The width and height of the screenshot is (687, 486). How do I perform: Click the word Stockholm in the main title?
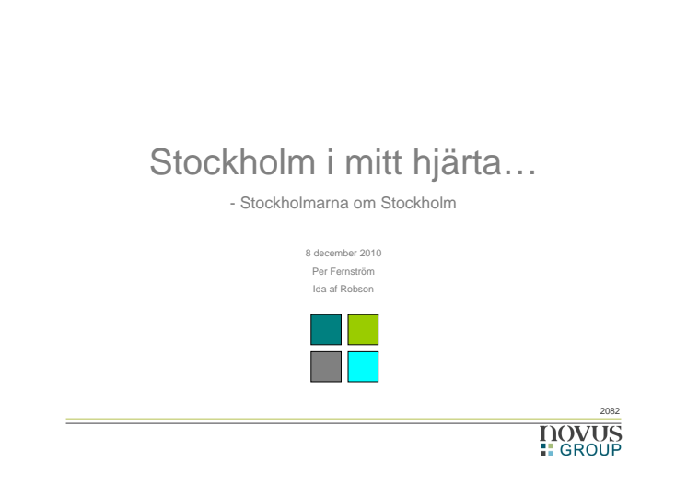(233, 162)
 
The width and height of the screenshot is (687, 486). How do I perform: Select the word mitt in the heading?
(374, 162)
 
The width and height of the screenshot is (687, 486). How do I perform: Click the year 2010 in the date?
(370, 253)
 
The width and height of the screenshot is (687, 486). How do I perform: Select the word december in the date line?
(334, 253)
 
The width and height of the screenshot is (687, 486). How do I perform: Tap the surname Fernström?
(352, 271)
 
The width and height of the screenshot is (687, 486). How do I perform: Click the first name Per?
(320, 271)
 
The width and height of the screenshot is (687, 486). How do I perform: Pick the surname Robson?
(356, 289)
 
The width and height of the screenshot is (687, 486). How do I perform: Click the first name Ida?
(320, 289)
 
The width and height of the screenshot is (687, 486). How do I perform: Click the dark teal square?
(326, 329)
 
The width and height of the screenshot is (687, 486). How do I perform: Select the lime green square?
(363, 329)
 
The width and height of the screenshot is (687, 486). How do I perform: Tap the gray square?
(326, 367)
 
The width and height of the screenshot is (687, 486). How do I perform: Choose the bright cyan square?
(363, 367)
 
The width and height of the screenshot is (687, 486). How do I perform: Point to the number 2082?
(610, 411)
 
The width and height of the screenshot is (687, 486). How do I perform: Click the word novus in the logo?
(580, 433)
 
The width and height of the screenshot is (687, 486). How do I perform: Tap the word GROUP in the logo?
(590, 450)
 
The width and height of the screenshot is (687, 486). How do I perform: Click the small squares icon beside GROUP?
(547, 450)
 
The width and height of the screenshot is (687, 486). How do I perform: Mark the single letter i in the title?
(330, 162)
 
